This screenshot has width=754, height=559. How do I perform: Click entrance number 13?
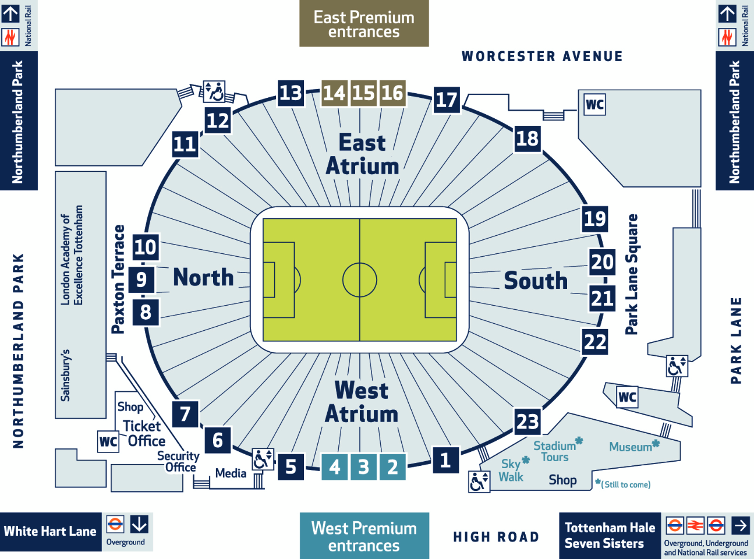(x=291, y=93)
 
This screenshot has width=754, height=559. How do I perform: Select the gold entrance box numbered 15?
(x=363, y=93)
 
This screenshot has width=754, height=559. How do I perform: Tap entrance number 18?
(x=528, y=139)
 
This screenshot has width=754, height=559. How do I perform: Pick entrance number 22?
(x=594, y=342)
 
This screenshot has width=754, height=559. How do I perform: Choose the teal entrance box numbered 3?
(x=363, y=467)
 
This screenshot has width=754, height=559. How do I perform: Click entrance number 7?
(x=185, y=414)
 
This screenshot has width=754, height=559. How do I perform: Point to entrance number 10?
(x=146, y=247)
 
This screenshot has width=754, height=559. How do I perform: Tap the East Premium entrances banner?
(x=364, y=23)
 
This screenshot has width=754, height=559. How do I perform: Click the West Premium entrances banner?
(x=364, y=536)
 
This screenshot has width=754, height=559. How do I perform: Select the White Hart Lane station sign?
(x=51, y=532)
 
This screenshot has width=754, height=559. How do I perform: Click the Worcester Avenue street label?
(x=542, y=56)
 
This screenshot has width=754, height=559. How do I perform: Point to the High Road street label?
(x=496, y=537)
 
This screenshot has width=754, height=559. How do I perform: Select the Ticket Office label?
(x=144, y=434)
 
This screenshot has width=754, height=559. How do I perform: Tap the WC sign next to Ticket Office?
(x=108, y=441)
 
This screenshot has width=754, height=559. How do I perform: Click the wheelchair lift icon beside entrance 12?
(x=214, y=91)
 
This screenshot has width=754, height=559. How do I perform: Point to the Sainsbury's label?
(x=65, y=376)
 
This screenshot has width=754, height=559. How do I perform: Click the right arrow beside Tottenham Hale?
(x=741, y=525)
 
